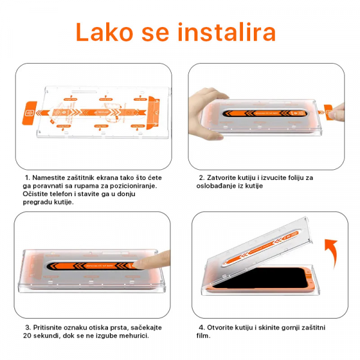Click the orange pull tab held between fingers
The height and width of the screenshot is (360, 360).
click(x=329, y=110)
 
